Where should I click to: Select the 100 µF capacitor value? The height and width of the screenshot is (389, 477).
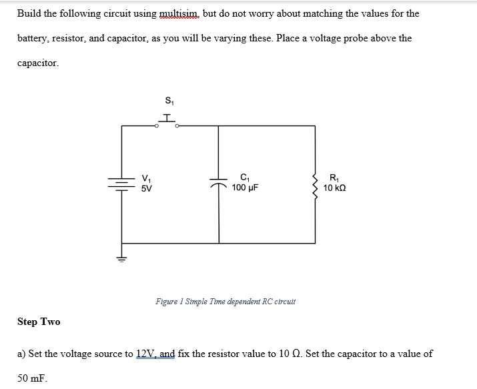[x=245, y=187]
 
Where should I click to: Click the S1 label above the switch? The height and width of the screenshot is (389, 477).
[x=167, y=101]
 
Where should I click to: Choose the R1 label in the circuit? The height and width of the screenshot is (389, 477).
[x=334, y=178]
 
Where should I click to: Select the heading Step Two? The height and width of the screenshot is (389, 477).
[x=39, y=322]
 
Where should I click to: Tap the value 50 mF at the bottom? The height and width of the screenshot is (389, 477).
[x=32, y=378]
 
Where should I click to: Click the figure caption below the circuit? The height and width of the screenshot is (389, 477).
[x=225, y=301]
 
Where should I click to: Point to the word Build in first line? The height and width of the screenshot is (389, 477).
[x=30, y=14]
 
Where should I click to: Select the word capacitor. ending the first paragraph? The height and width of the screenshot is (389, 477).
[x=38, y=63]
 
